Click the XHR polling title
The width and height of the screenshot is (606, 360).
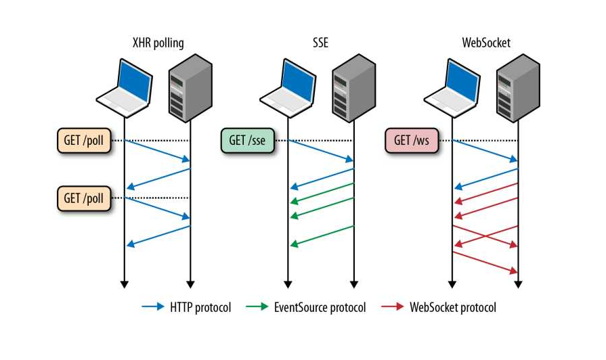(158, 43)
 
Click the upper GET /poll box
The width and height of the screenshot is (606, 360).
(84, 141)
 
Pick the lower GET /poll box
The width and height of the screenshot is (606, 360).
(84, 198)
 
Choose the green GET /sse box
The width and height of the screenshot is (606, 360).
(246, 141)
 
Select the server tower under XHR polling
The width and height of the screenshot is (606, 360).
(190, 87)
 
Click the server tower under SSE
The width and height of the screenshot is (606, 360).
(352, 87)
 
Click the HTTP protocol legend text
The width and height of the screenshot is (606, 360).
(200, 307)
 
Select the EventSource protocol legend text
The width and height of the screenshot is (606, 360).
(320, 307)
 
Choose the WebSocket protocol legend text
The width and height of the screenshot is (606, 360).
(453, 307)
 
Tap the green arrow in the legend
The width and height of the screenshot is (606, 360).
(257, 307)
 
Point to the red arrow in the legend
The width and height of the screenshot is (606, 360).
(393, 307)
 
